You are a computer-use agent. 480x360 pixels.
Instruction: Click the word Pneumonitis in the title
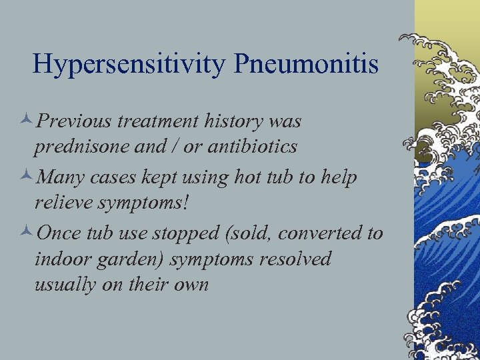[306, 65]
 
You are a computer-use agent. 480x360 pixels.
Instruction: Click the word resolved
[293, 258]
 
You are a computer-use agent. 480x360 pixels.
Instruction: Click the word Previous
[75, 122]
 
